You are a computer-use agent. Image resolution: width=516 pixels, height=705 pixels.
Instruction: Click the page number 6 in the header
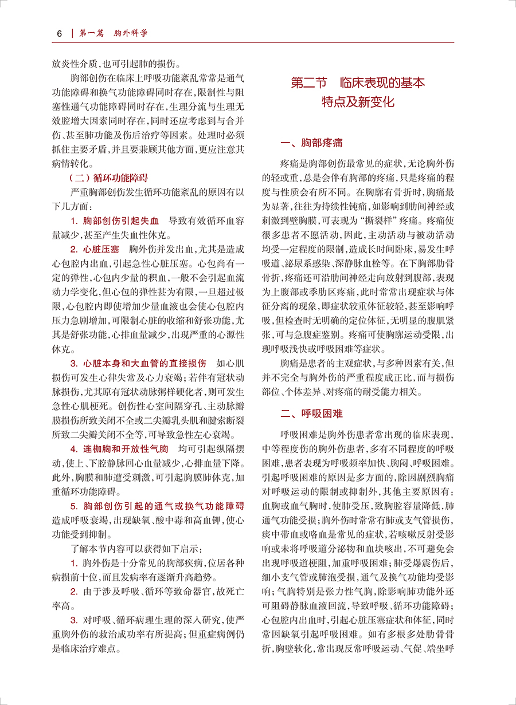(58, 33)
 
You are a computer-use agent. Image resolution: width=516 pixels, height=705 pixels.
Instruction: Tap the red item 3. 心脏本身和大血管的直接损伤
(138, 363)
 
